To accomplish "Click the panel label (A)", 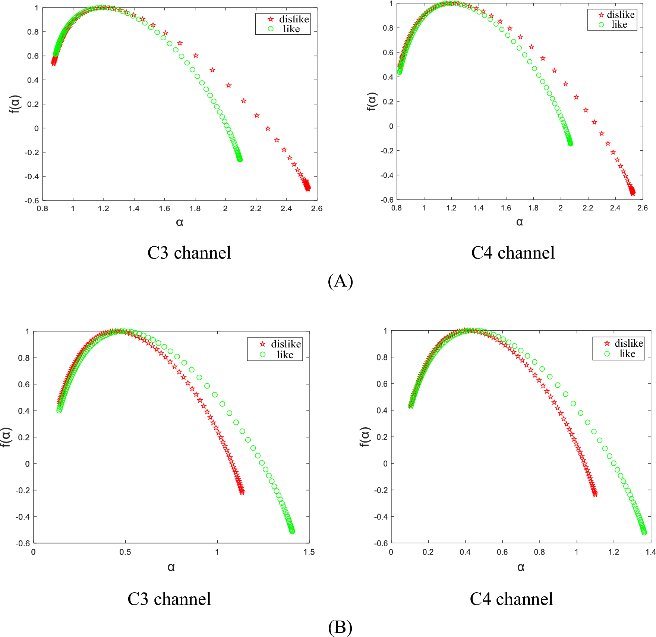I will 340,281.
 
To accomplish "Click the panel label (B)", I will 340,627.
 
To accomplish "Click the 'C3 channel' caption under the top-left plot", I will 189,253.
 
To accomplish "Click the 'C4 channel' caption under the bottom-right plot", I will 511,599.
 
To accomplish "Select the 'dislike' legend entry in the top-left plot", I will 294,19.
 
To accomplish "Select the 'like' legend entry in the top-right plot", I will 619,25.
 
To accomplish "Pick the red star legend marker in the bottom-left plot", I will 263,344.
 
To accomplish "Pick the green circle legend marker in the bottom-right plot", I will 607,354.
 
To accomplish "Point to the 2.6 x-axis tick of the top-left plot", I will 316,209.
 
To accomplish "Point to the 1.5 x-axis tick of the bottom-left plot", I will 309,552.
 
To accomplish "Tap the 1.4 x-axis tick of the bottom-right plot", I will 650,552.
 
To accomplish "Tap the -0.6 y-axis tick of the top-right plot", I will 387,200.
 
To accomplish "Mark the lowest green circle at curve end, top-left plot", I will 240,159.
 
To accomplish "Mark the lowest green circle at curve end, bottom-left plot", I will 292,531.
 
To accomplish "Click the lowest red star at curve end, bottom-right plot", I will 595,495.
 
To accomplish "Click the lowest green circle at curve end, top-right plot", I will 571,144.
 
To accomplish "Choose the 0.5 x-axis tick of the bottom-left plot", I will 125,552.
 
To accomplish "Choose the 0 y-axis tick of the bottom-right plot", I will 385,463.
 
